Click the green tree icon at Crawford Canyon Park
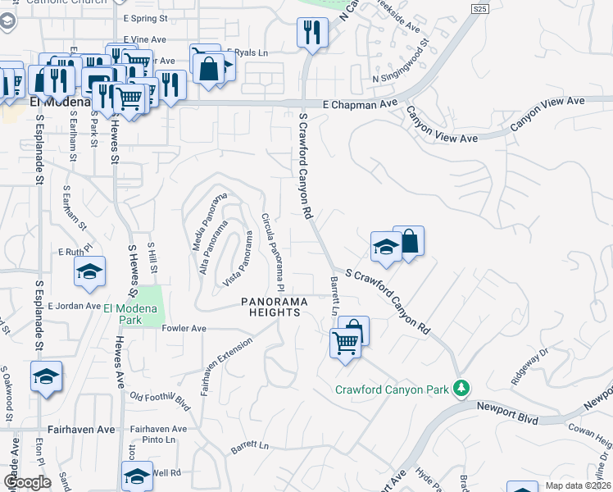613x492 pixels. pos(462,387)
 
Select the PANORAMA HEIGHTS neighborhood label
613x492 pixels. pos(274,307)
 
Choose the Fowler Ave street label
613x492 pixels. pos(184,328)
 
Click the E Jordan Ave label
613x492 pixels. pos(74,306)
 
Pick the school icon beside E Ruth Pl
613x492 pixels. pos(89,272)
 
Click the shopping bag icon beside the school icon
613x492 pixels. pos(408,241)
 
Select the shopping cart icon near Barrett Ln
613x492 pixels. pos(345,342)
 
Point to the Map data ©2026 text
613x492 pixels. pos(579,485)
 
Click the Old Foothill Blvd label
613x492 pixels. pos(161,400)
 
